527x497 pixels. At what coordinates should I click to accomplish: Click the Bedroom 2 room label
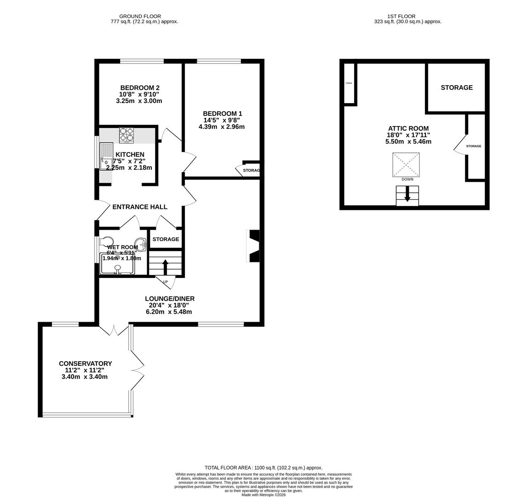pos(140,88)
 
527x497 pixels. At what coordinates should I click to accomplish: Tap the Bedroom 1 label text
pos(222,114)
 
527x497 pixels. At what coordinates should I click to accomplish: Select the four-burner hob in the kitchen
pos(126,135)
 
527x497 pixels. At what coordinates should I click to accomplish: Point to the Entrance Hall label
pos(140,207)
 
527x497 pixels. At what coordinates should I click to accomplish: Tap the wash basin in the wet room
pos(140,244)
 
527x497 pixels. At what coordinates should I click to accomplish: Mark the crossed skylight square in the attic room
pos(406,165)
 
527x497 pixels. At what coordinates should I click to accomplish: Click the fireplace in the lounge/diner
pos(253,246)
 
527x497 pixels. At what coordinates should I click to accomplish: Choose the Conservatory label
pos(85,364)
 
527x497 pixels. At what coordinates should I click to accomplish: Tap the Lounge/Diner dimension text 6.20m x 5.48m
pos(169,312)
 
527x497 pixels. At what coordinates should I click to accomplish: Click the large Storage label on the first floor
pos(457,87)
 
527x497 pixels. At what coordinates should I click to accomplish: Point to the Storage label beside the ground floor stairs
pos(166,239)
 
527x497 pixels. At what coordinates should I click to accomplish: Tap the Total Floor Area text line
pos(263,468)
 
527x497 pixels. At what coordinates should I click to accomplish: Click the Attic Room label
pos(408,129)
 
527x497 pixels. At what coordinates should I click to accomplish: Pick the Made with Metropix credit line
pos(263,495)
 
